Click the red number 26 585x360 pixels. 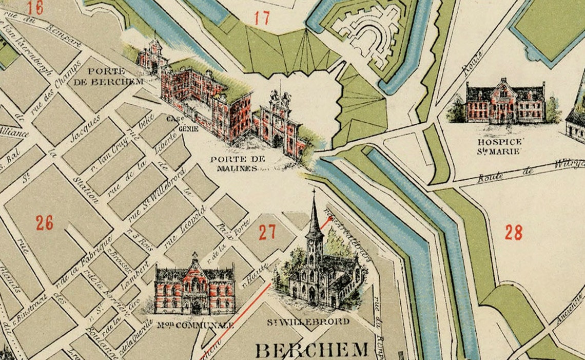pyautogui.click(x=44, y=223)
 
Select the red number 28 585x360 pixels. pyautogui.click(x=513, y=233)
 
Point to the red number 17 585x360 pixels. pyautogui.click(x=262, y=18)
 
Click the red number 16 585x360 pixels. pyautogui.click(x=35, y=8)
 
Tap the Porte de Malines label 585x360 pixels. pyautogui.click(x=233, y=163)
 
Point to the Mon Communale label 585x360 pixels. pyautogui.click(x=196, y=325)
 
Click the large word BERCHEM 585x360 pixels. pyautogui.click(x=311, y=350)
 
